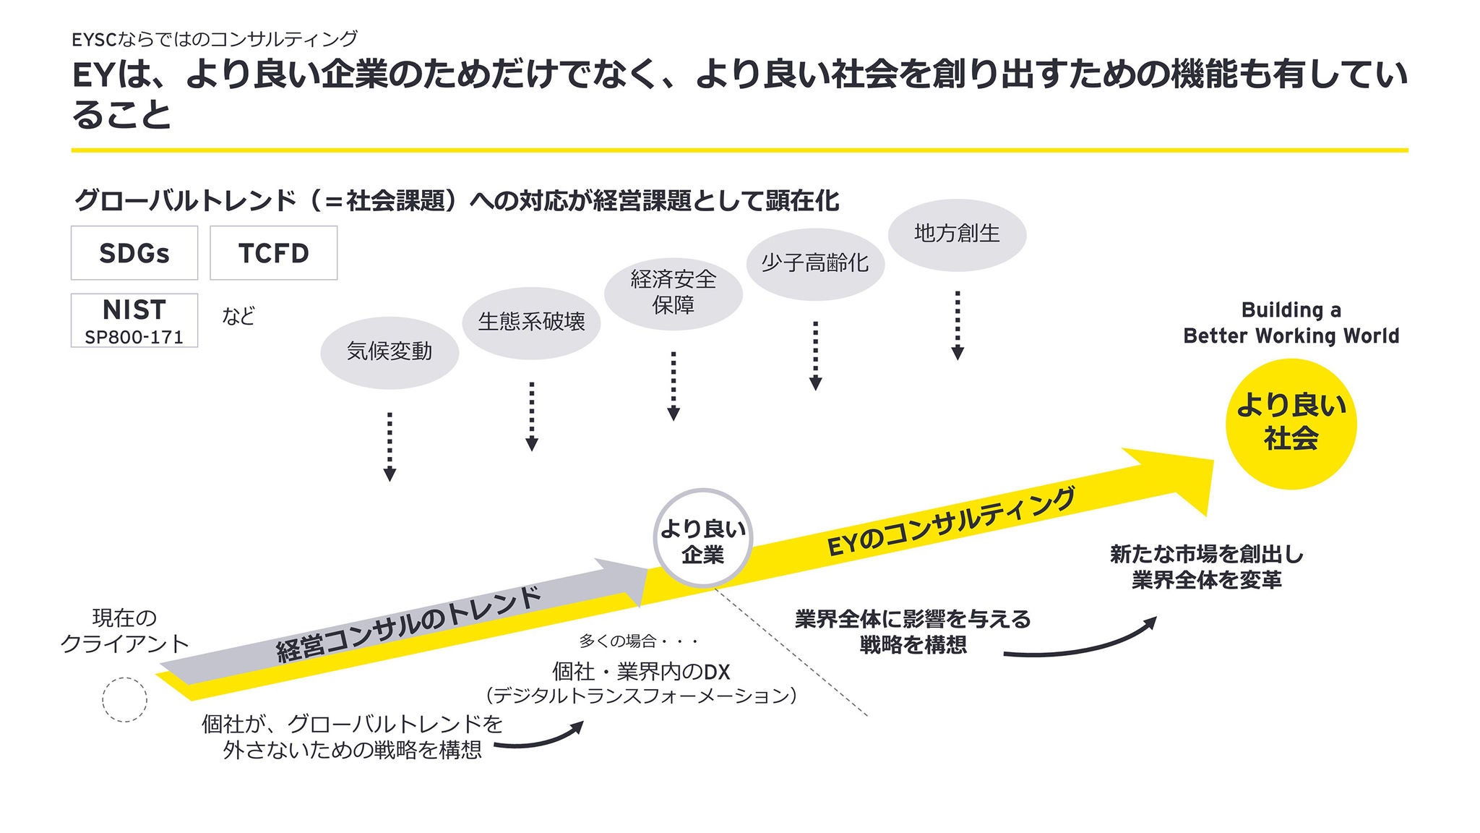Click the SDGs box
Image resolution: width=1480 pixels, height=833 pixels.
pos(134,253)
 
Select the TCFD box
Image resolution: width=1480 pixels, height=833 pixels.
pos(273,253)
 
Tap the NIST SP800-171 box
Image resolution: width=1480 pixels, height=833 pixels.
pos(134,320)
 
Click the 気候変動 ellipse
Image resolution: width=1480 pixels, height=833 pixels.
pos(390,352)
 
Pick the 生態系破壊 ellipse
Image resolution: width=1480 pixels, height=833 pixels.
pos(531,322)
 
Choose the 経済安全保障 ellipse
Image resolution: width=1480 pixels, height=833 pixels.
pos(674,292)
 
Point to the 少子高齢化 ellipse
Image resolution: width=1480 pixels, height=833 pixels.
pos(815,262)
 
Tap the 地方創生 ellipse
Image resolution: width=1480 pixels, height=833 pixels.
pos(957,234)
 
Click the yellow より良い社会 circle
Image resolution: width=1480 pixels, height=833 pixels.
pos(1291,424)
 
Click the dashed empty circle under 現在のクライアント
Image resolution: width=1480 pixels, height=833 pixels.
pos(125,700)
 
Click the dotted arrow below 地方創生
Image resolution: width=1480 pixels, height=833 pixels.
pos(958,325)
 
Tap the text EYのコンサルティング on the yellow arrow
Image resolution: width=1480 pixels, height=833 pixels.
pos(951,522)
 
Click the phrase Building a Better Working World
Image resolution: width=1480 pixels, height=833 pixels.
pos(1291,322)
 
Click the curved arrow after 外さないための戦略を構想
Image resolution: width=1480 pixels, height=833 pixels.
pos(539,738)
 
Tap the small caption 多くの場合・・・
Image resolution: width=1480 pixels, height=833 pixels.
pos(639,641)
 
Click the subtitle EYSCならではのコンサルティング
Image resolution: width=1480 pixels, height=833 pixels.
pos(215,38)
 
